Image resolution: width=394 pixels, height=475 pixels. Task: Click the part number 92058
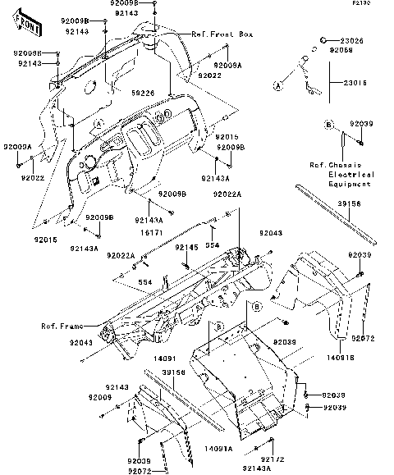click(342, 50)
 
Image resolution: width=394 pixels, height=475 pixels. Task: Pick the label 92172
click(273, 459)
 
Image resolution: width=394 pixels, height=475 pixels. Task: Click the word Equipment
click(351, 185)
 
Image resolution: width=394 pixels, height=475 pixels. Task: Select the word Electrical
click(351, 175)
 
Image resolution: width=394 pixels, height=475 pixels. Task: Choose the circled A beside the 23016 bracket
click(278, 84)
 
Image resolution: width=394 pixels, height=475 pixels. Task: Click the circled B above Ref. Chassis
click(328, 126)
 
